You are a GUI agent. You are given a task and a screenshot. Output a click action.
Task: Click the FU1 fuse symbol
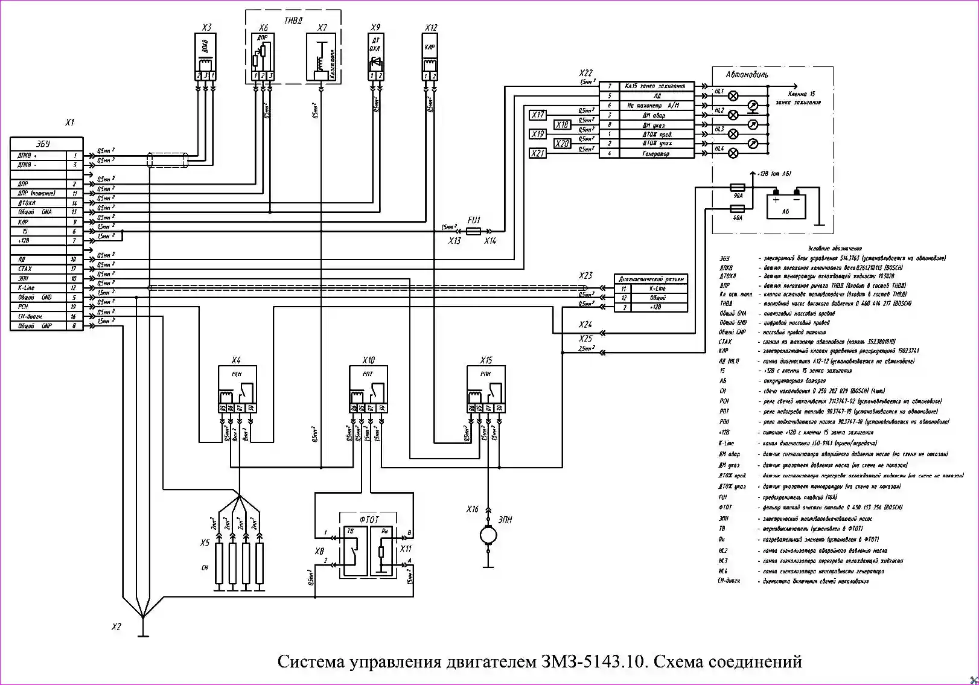click(474, 231)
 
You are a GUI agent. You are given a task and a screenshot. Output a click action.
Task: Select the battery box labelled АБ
click(785, 206)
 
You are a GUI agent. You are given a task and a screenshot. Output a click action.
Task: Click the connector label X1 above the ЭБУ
click(70, 123)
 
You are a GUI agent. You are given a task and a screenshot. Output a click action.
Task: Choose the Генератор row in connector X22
click(646, 153)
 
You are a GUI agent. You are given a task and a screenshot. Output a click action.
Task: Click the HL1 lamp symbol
click(734, 95)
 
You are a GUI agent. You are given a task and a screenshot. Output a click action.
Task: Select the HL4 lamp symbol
click(734, 153)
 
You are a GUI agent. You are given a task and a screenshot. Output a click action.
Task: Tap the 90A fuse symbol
click(738, 188)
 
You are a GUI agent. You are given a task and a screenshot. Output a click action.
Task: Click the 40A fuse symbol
click(738, 209)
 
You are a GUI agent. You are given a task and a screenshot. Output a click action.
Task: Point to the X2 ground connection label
click(116, 627)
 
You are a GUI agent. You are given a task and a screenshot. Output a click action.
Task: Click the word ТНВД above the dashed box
click(293, 21)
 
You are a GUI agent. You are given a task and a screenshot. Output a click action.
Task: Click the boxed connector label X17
click(538, 115)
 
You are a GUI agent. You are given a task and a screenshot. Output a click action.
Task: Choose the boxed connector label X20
click(562, 144)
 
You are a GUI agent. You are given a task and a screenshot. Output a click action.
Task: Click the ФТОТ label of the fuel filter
click(369, 519)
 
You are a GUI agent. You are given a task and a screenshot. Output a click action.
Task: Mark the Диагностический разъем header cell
click(651, 279)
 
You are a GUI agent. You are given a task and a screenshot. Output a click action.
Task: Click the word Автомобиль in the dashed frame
click(747, 75)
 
